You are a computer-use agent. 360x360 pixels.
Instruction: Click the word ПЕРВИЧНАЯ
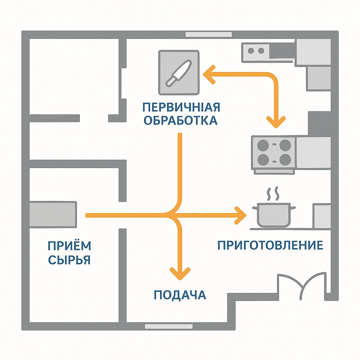click(181, 107)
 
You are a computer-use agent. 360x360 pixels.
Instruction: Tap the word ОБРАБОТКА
click(181, 121)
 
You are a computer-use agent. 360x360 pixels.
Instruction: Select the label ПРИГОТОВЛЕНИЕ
click(270, 245)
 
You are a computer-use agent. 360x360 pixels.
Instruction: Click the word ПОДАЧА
click(180, 295)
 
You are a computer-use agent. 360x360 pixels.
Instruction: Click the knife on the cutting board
click(179, 72)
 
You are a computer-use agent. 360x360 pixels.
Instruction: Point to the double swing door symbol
click(301, 285)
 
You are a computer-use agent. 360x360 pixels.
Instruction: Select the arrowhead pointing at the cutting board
click(208, 75)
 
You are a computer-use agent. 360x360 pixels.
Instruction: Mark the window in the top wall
click(208, 34)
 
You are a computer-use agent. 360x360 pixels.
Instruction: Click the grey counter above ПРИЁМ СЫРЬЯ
click(53, 214)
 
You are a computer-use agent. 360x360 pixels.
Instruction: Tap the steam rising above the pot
click(274, 193)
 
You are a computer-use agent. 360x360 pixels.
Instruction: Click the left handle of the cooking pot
click(255, 208)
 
